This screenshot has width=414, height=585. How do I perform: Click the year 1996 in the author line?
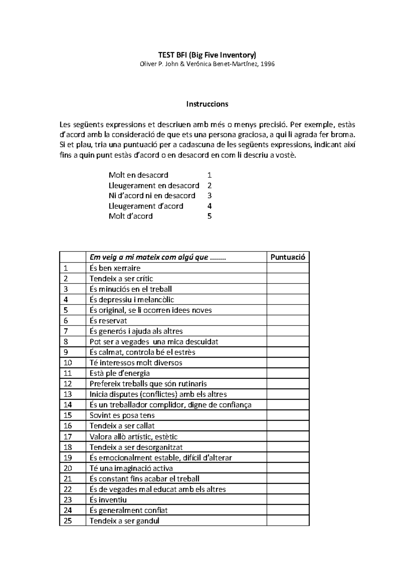pyautogui.click(x=268, y=64)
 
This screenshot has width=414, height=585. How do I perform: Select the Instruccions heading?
pyautogui.click(x=207, y=104)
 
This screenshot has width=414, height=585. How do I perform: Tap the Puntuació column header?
pyautogui.click(x=288, y=257)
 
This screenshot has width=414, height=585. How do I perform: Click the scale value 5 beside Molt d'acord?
pyautogui.click(x=209, y=216)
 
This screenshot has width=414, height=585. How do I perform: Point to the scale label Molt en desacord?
pyautogui.click(x=138, y=175)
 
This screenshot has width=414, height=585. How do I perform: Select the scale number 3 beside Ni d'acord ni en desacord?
pyautogui.click(x=209, y=196)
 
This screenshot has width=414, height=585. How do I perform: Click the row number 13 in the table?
pyautogui.click(x=68, y=394)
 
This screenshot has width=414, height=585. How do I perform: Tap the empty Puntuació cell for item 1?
pyautogui.click(x=288, y=268)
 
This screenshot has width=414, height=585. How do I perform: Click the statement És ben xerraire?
pyautogui.click(x=115, y=268)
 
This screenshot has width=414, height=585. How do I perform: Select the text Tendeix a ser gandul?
pyautogui.click(x=124, y=521)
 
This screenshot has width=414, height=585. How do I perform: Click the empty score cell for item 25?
pyautogui.click(x=288, y=521)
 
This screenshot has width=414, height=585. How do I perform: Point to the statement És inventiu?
pyautogui.click(x=108, y=500)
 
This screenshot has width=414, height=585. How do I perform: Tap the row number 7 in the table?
pyautogui.click(x=66, y=331)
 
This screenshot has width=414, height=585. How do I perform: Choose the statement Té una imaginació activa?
pyautogui.click(x=131, y=468)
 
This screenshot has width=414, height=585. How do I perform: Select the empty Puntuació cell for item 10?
pyautogui.click(x=288, y=363)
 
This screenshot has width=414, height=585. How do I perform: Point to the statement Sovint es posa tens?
pyautogui.click(x=122, y=415)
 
